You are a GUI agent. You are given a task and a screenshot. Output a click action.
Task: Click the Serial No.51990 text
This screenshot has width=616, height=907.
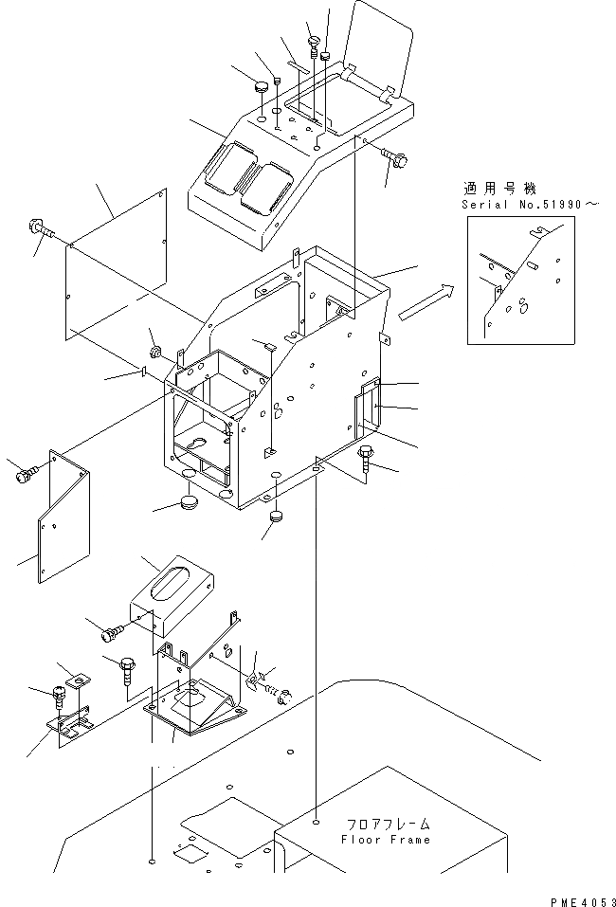coord(531,205)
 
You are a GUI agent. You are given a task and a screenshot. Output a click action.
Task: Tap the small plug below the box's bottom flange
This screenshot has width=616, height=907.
coord(277,516)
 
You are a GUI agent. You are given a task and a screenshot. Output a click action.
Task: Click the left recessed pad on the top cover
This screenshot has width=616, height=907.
coord(226,168)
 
